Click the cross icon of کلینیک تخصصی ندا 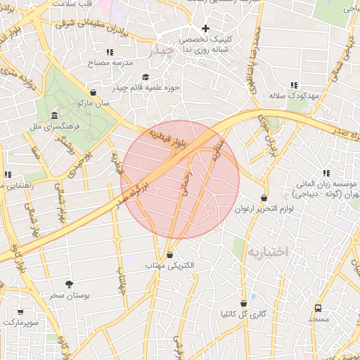(205, 29)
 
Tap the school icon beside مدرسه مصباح (109, 52)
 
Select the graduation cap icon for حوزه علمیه (146, 77)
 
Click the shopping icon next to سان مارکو (94, 92)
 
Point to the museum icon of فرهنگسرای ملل (53, 115)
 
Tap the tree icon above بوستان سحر (69, 283)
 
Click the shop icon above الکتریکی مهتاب (169, 255)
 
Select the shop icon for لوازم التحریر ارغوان (264, 198)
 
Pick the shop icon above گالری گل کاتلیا (244, 304)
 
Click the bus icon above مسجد (318, 308)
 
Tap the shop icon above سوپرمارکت (20, 311)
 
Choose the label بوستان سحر (66, 295)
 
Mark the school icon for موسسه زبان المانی (326, 173)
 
